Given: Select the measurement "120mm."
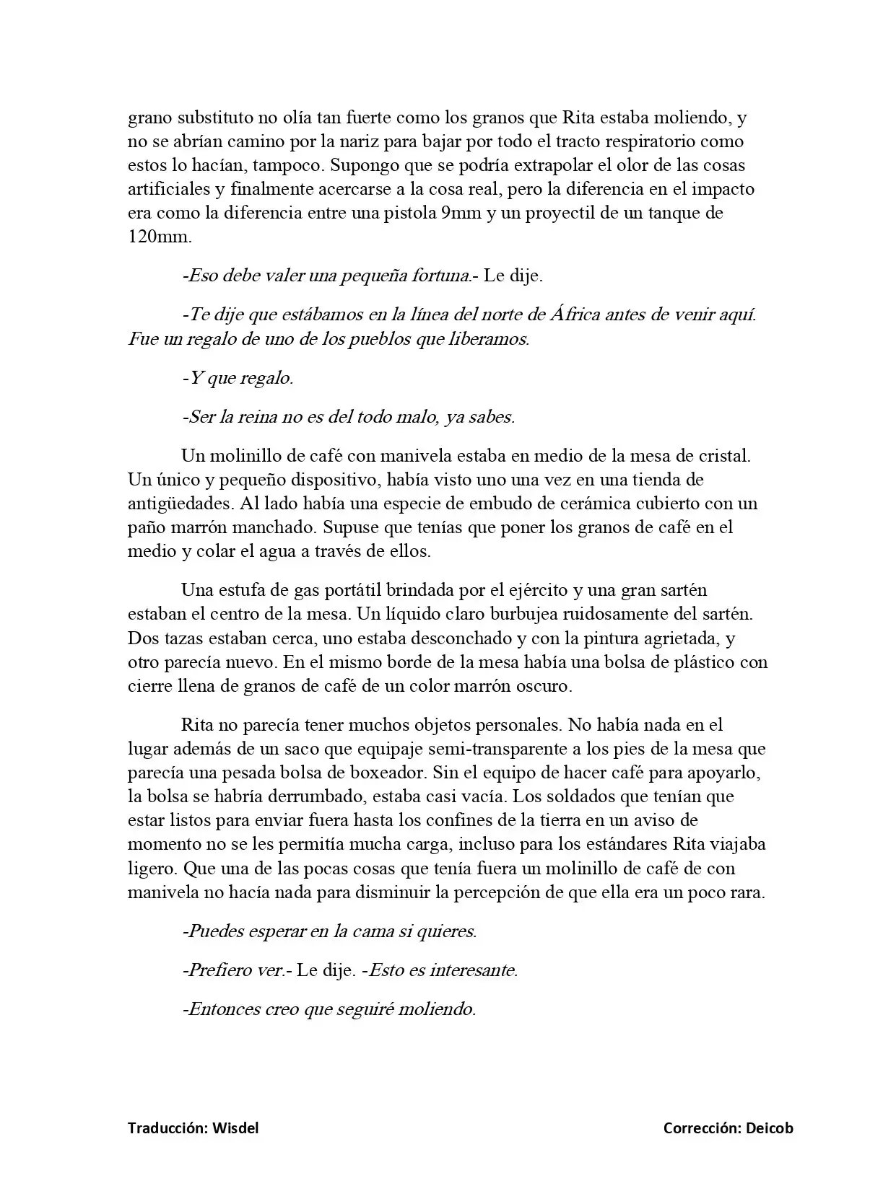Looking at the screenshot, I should [x=160, y=237].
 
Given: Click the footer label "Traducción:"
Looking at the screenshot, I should [x=168, y=1128].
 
